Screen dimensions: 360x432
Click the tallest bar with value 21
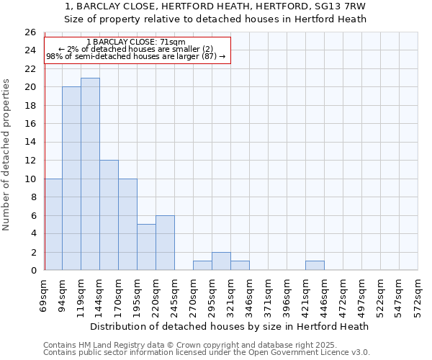pyautogui.click(x=90, y=174)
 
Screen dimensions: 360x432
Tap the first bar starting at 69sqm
pyautogui.click(x=53, y=224)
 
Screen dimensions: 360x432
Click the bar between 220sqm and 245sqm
pyautogui.click(x=165, y=243)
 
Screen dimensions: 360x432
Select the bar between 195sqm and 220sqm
pyautogui.click(x=146, y=247)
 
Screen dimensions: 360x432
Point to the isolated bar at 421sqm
pyautogui.click(x=315, y=266)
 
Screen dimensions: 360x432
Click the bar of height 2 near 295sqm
pyautogui.click(x=221, y=261)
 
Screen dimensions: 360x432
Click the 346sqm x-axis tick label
pyautogui.click(x=249, y=296)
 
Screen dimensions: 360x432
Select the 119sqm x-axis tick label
pyautogui.click(x=81, y=296)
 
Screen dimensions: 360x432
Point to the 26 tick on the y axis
pyautogui.click(x=30, y=32)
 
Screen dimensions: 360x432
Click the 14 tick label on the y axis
pyautogui.click(x=30, y=142)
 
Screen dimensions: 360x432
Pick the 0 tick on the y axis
pyautogui.click(x=33, y=270)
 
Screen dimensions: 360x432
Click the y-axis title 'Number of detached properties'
pyautogui.click(x=6, y=155)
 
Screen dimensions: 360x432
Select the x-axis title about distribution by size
pyautogui.click(x=230, y=326)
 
